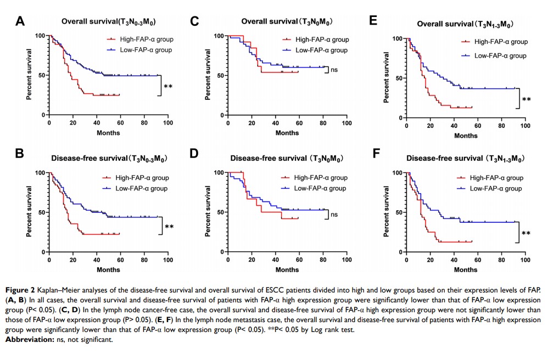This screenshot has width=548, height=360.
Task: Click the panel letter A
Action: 20,21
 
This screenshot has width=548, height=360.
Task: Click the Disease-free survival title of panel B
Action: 109,159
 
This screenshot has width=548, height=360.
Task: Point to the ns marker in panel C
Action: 333,70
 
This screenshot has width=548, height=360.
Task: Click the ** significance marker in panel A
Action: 169,86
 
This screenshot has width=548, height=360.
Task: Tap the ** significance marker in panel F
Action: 526,233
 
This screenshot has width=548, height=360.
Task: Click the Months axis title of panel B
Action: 108,270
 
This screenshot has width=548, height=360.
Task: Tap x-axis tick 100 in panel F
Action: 525,260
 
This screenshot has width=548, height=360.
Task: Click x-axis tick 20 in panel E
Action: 430,127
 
